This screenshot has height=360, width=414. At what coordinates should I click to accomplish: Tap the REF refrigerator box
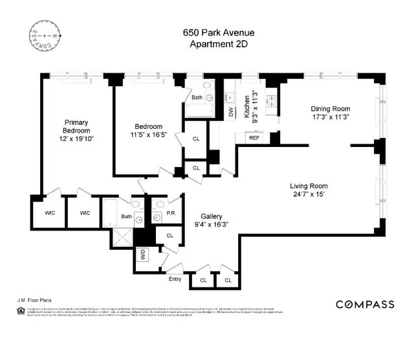click(x=254, y=138)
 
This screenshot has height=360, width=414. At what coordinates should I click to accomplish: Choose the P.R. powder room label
click(x=172, y=212)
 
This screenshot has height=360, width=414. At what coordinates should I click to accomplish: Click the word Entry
click(x=175, y=279)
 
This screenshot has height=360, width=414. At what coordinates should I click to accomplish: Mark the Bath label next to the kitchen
click(x=197, y=98)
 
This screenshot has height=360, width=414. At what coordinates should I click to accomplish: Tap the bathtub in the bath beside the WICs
click(x=111, y=211)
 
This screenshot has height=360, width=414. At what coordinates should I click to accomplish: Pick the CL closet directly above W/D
click(x=169, y=236)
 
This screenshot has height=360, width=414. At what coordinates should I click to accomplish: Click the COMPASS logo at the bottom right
click(x=365, y=304)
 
